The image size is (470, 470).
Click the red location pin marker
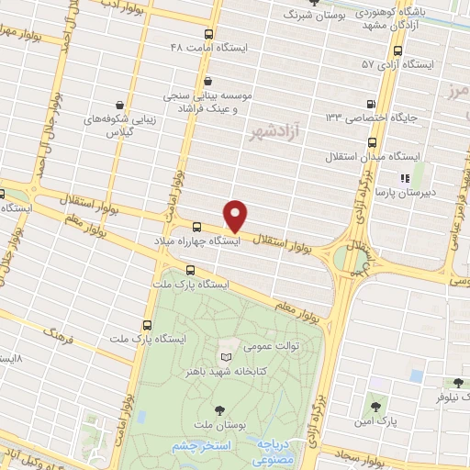(x=237, y=214)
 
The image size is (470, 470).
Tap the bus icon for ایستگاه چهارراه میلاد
(x=197, y=226)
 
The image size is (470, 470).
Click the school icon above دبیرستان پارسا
(x=402, y=178)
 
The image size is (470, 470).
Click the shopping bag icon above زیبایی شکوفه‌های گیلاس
(x=120, y=105)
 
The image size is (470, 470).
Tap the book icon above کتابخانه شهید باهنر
(x=226, y=356)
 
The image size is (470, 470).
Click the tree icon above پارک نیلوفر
(x=457, y=383)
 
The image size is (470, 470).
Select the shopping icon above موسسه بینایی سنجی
(x=209, y=80)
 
